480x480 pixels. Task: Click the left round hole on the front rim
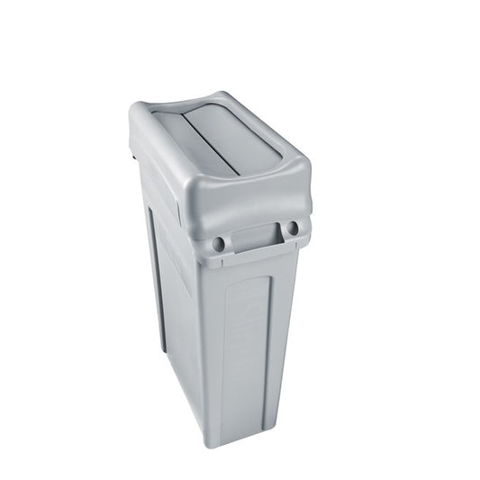(x=219, y=243)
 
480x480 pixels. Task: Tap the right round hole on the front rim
(x=292, y=228)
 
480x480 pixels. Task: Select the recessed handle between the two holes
(x=255, y=238)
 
